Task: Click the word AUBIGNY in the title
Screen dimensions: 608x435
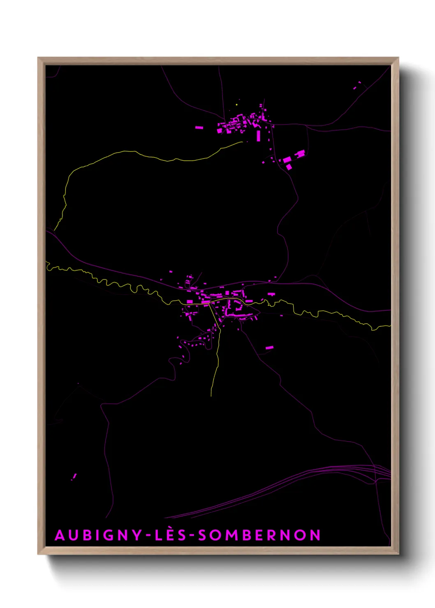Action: point(98,535)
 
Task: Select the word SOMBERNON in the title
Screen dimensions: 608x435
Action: point(259,535)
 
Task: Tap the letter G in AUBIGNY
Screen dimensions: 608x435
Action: point(101,535)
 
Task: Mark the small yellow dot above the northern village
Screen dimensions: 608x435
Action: point(237,105)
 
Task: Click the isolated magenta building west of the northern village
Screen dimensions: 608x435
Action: point(199,128)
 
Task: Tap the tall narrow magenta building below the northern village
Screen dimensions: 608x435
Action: point(258,136)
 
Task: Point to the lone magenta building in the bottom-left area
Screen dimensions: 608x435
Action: point(74,477)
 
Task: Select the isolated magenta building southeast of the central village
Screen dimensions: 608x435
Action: point(269,348)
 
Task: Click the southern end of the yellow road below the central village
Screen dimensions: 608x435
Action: point(211,395)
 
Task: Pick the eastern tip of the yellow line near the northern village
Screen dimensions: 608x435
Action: point(243,143)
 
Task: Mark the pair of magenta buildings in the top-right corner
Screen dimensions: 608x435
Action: point(357,85)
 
